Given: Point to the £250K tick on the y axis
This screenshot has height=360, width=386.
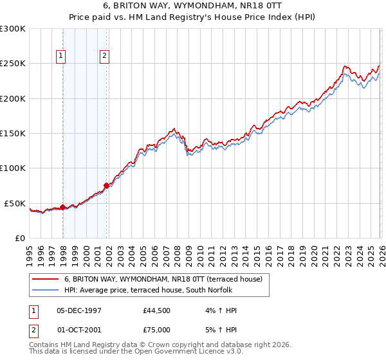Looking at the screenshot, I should pos(13,64).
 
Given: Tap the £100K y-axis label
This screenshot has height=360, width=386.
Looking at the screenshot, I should pos(13,168).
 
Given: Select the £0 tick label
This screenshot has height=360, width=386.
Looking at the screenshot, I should pos(20,238).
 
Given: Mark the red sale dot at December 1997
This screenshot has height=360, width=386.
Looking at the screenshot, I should pos(62,207).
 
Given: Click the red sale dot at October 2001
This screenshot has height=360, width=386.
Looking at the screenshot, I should pos(106,186).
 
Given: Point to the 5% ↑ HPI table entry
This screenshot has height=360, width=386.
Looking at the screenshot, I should pos(221,329).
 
